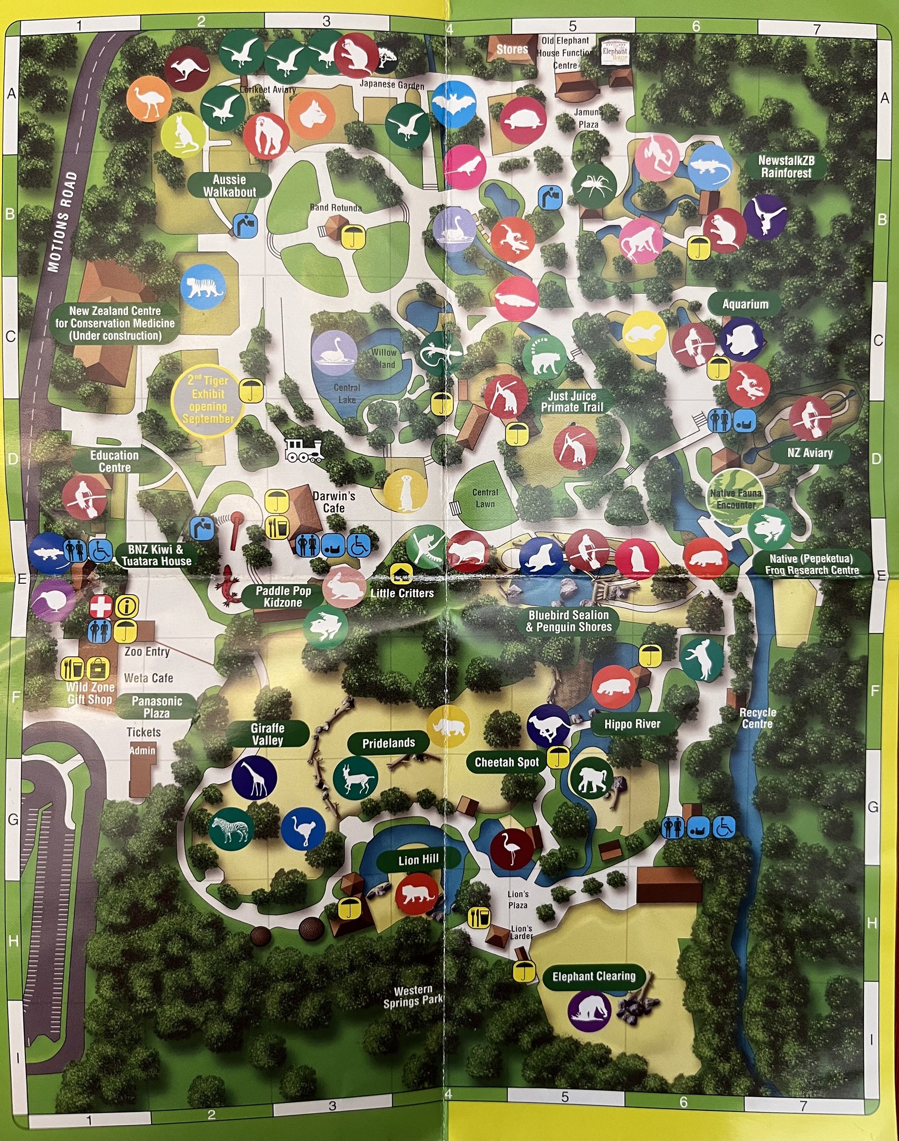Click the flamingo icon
(512, 849)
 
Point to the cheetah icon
(549, 726)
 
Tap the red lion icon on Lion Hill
(418, 894)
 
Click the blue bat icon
(453, 105)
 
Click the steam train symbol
(304, 451)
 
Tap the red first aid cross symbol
(100, 606)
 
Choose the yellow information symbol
(127, 606)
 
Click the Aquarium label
(745, 304)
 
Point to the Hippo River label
(632, 724)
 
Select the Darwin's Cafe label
(334, 502)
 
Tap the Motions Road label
(62, 222)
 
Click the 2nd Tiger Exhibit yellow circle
(208, 400)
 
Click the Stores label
(512, 49)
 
